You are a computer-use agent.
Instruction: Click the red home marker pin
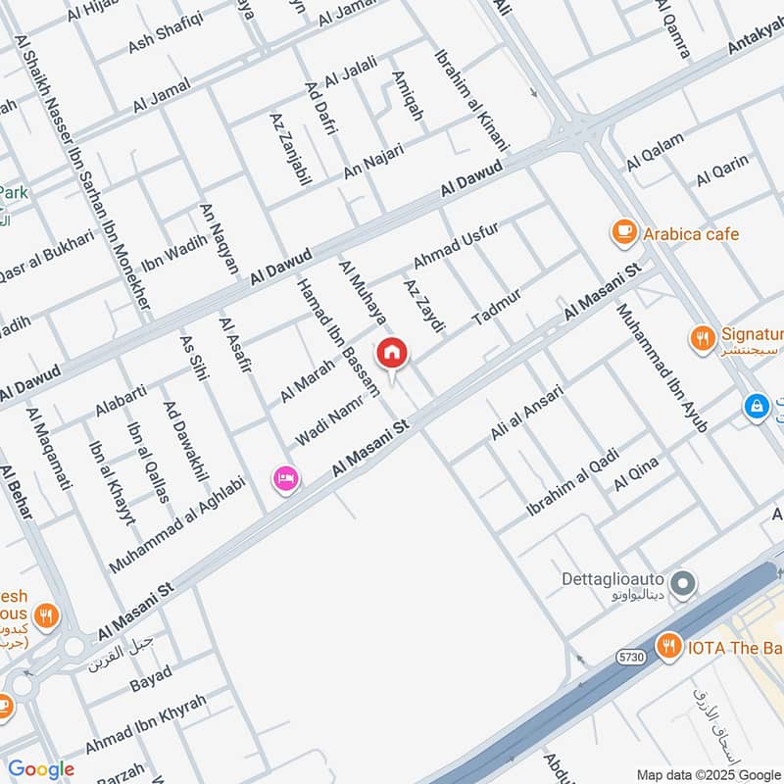point(392,353)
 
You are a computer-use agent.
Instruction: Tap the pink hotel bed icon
point(286,478)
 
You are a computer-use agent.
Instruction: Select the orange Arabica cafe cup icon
point(622,232)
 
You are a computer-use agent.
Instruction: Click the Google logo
point(40,769)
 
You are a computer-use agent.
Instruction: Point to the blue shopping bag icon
point(756,404)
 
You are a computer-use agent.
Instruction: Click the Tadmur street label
point(497,308)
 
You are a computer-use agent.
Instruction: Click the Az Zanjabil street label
point(289,150)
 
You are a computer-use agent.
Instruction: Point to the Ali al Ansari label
point(527,412)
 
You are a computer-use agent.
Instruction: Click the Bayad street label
point(150,678)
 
